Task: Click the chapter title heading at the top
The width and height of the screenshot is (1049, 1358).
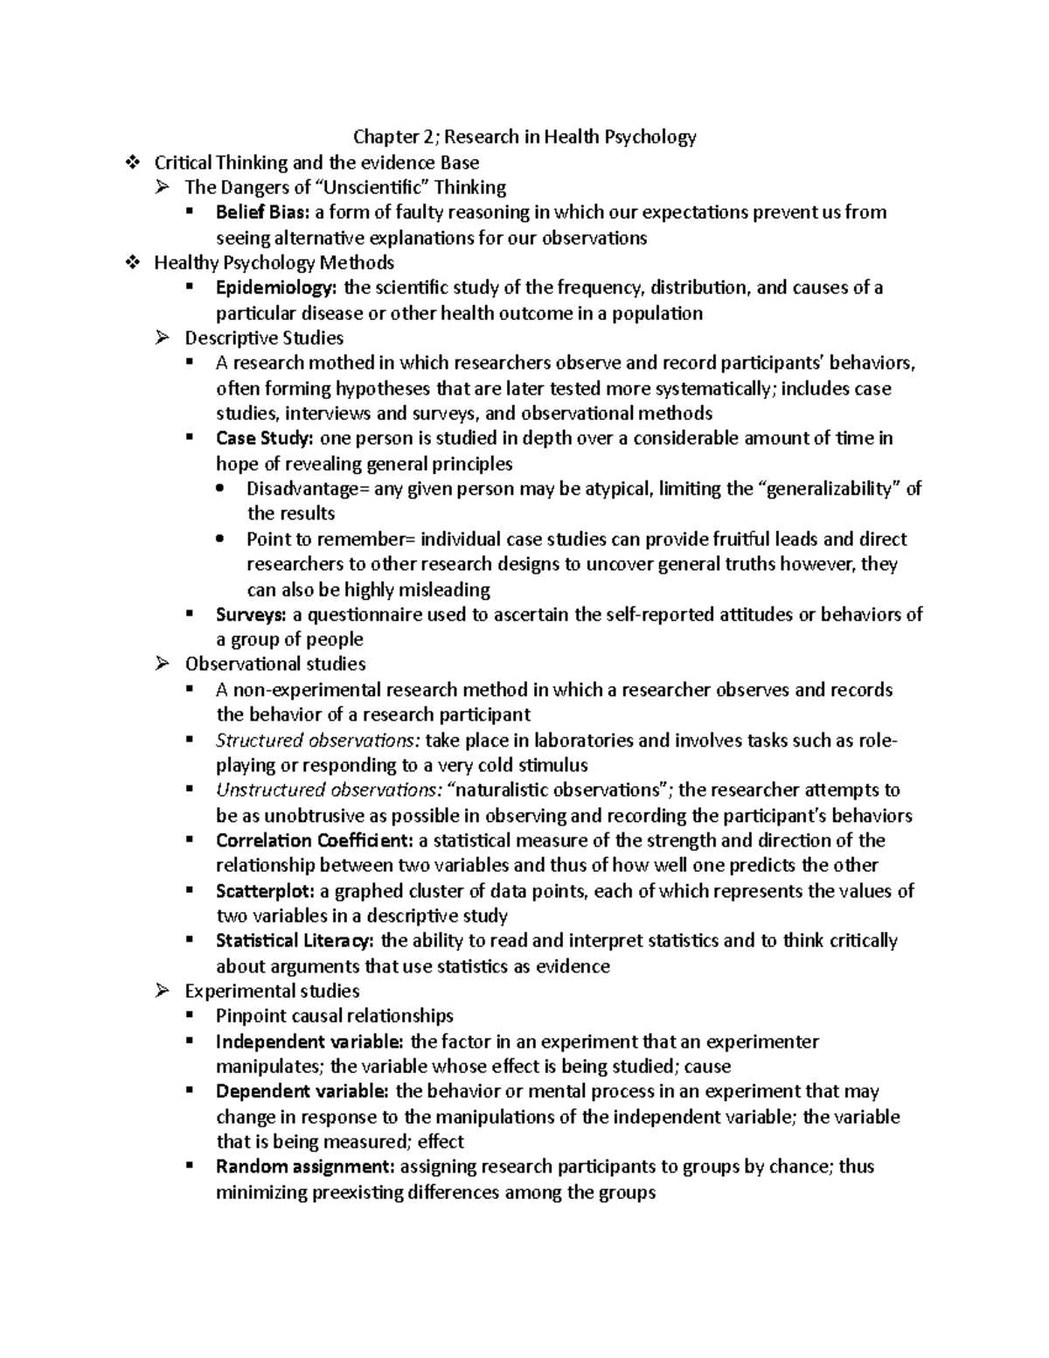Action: pyautogui.click(x=524, y=136)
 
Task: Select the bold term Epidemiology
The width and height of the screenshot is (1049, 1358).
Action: pyautogui.click(x=276, y=288)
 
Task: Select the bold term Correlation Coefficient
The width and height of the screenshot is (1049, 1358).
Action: pyautogui.click(x=315, y=841)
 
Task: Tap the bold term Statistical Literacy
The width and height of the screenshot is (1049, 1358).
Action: pyautogui.click(x=295, y=941)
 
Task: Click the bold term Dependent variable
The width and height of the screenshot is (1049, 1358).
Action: pyautogui.click(x=303, y=1091)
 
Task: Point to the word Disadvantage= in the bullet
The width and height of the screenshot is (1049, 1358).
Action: pyautogui.click(x=308, y=489)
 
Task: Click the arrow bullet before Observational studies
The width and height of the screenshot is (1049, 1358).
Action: pyautogui.click(x=162, y=665)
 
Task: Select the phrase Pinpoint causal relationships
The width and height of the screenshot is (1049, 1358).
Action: pyautogui.click(x=335, y=1016)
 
